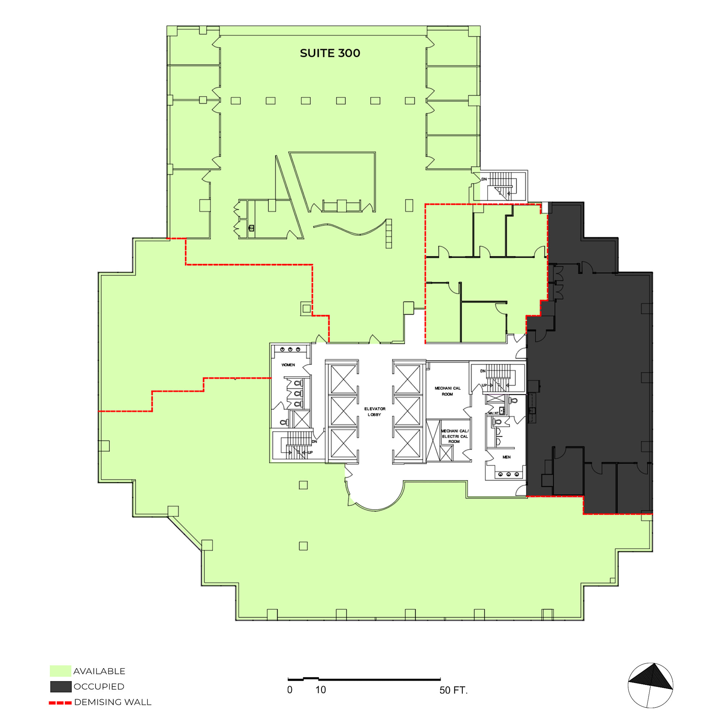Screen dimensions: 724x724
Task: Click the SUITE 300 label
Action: pyautogui.click(x=330, y=53)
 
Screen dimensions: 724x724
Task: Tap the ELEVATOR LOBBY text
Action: pyautogui.click(x=375, y=412)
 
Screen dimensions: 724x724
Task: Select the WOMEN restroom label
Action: pyautogui.click(x=288, y=365)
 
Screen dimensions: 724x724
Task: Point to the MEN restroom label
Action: pyautogui.click(x=507, y=457)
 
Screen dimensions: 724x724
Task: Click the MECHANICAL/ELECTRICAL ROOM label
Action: pyautogui.click(x=455, y=436)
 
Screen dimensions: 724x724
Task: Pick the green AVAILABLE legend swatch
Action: pyautogui.click(x=60, y=671)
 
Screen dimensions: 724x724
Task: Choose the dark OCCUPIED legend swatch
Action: pyautogui.click(x=61, y=686)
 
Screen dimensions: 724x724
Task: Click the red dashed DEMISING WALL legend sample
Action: pyautogui.click(x=60, y=703)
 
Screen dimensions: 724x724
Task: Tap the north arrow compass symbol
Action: pyautogui.click(x=651, y=685)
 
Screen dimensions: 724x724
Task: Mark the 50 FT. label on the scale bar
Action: pyautogui.click(x=454, y=690)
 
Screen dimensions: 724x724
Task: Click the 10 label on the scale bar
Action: pyautogui.click(x=320, y=690)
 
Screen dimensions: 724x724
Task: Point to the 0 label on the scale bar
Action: pyautogui.click(x=290, y=690)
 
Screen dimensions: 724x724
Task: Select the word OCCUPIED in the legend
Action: pyautogui.click(x=99, y=686)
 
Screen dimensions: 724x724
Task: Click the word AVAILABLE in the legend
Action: pyautogui.click(x=99, y=671)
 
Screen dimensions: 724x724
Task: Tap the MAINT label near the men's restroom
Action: pyautogui.click(x=493, y=413)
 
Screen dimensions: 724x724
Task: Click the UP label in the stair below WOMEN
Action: pyautogui.click(x=310, y=452)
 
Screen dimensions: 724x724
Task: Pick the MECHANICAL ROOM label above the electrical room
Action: pyautogui.click(x=447, y=391)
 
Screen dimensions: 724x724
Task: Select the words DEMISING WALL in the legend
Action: pyautogui.click(x=113, y=702)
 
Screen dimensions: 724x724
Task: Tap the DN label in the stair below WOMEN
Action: pyautogui.click(x=315, y=441)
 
